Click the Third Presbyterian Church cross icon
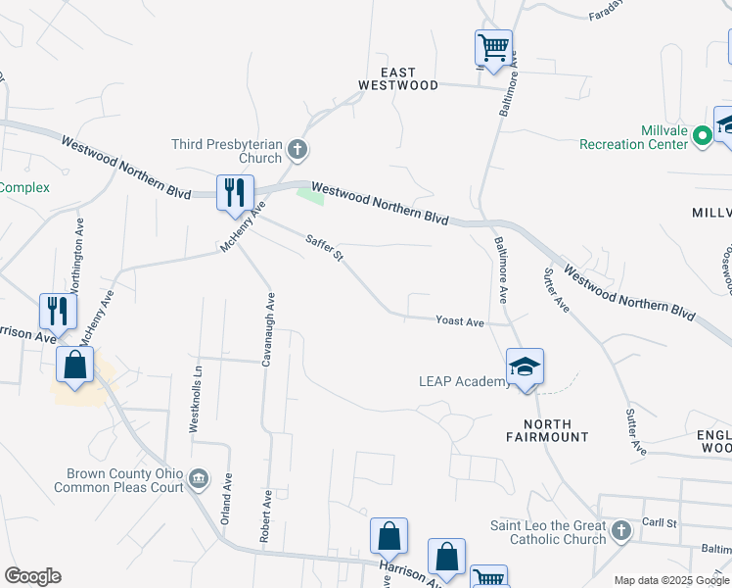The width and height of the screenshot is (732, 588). pos(298,151)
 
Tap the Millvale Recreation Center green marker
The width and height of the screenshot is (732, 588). pos(702,136)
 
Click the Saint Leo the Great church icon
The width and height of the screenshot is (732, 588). pos(620,532)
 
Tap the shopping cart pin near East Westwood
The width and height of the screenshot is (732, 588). pos(493,46)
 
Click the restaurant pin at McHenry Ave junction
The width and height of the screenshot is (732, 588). pos(235,192)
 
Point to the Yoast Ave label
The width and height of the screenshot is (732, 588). pos(460,321)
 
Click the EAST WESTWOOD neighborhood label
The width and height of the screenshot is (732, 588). pos(398,78)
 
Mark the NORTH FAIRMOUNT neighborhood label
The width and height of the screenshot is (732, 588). pos(548,429)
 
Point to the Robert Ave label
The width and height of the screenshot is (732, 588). pos(265,516)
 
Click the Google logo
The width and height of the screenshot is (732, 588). pos(32,576)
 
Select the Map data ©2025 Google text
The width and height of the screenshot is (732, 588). pos(670,580)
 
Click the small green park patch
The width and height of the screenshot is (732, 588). pos(310,195)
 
